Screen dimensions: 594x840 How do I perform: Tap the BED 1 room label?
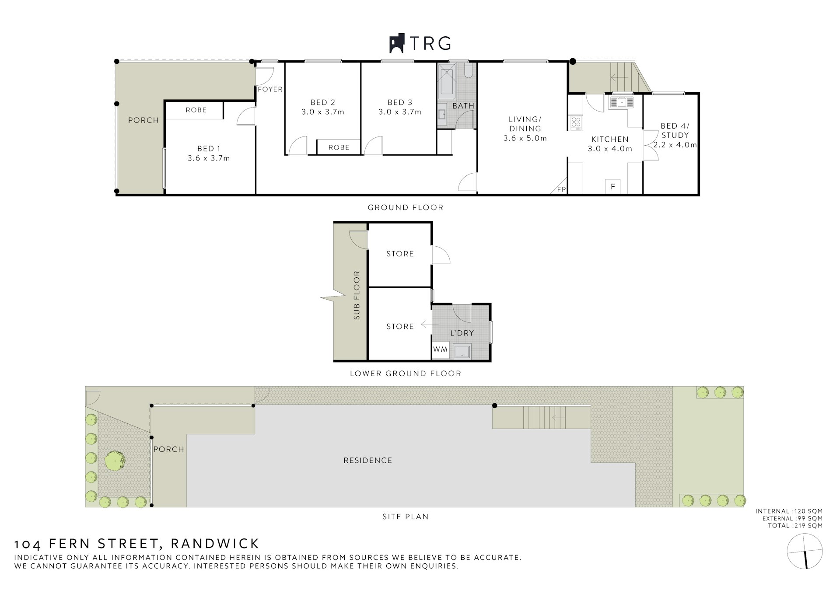pyautogui.click(x=209, y=149)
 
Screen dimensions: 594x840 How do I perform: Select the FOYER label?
pyautogui.click(x=270, y=89)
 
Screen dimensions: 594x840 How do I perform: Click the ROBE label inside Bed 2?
pyautogui.click(x=339, y=147)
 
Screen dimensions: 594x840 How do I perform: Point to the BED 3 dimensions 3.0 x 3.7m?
pyautogui.click(x=400, y=112)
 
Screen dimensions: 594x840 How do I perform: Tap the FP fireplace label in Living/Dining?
pyautogui.click(x=561, y=189)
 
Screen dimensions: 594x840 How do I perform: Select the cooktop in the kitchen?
pyautogui.click(x=576, y=123)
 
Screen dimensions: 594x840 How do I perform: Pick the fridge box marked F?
pyautogui.click(x=613, y=187)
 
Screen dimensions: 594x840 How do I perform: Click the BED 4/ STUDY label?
pyautogui.click(x=675, y=130)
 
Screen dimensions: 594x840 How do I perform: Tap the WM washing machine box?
pyautogui.click(x=440, y=350)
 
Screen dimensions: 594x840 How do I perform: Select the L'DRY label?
pyautogui.click(x=462, y=333)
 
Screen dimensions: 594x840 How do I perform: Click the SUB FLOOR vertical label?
pyautogui.click(x=357, y=295)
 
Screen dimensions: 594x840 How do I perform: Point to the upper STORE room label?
pyautogui.click(x=400, y=254)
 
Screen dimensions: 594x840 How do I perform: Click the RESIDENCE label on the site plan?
pyautogui.click(x=367, y=460)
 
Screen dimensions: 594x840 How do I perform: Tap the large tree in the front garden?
pyautogui.click(x=115, y=460)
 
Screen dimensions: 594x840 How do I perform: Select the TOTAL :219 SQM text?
pyautogui.click(x=795, y=526)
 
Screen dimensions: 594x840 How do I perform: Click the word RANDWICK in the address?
pyautogui.click(x=215, y=544)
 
